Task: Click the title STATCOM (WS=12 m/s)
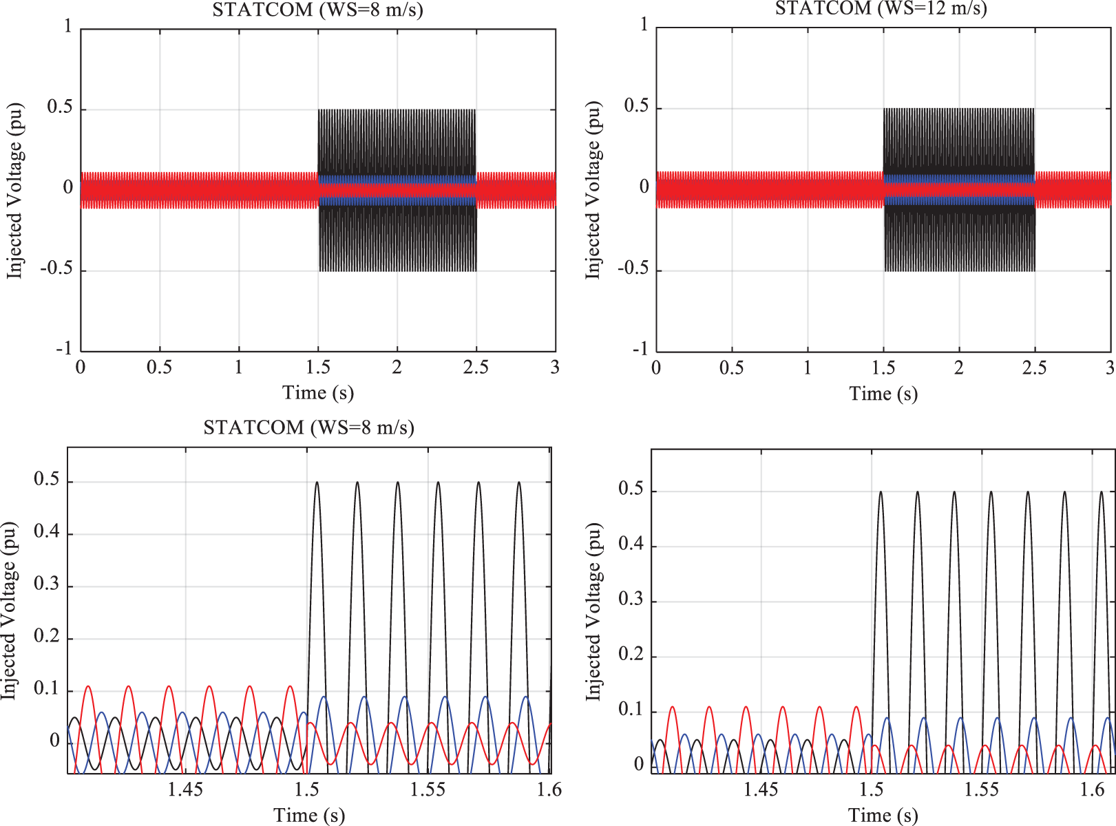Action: point(881,8)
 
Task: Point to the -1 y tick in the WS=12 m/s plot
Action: point(640,349)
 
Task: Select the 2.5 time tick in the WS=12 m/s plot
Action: point(1034,368)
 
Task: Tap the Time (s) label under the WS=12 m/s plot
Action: point(883,394)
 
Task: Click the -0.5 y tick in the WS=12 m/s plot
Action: point(633,268)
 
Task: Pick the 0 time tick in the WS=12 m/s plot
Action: point(656,368)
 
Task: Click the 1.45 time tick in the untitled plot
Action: point(761,789)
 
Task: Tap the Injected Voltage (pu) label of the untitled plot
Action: point(593,612)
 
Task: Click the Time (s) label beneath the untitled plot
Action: point(883,816)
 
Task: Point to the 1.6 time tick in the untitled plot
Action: point(1093,789)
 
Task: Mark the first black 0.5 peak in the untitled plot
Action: point(881,492)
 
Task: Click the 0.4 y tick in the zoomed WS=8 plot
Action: point(47,532)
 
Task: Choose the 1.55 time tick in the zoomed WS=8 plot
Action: point(428,789)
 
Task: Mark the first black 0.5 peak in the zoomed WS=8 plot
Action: point(317,483)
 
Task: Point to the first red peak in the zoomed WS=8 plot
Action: point(87,686)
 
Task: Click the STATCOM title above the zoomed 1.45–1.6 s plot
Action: point(308,428)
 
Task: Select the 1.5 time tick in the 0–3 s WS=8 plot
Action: point(318,368)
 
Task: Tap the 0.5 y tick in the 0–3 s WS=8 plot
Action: point(60,107)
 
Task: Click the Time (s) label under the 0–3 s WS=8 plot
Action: point(318,393)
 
